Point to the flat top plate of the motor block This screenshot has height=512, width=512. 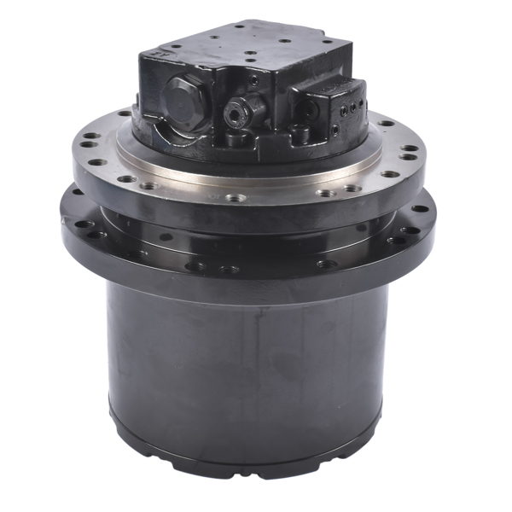pos(247,47)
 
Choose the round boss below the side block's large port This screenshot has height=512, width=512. pos(300,132)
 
